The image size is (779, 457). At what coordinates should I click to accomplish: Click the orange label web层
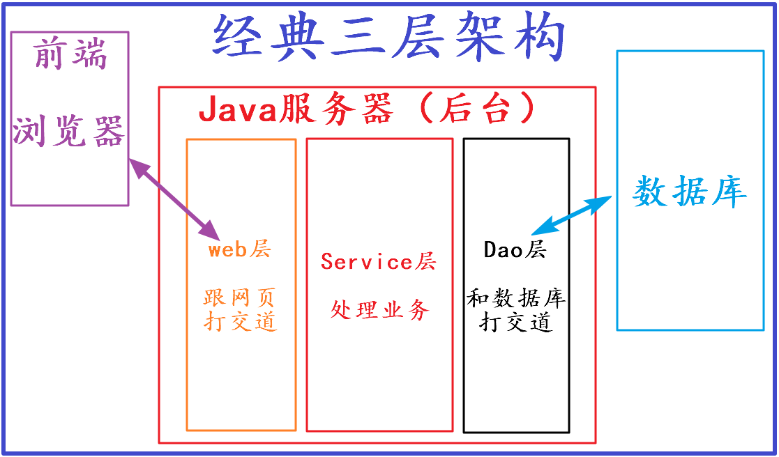(239, 249)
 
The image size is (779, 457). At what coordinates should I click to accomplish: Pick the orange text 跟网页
(240, 298)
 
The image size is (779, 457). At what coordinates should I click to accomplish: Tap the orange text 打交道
(240, 321)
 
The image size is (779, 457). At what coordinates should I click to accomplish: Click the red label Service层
(379, 261)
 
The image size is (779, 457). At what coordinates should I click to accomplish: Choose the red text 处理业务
(379, 309)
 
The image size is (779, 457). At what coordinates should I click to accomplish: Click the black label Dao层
(515, 249)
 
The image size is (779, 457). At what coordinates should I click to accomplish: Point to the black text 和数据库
(516, 300)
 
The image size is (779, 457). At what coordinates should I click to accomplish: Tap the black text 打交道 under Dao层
(516, 322)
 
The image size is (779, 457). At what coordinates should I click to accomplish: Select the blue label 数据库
(690, 190)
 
